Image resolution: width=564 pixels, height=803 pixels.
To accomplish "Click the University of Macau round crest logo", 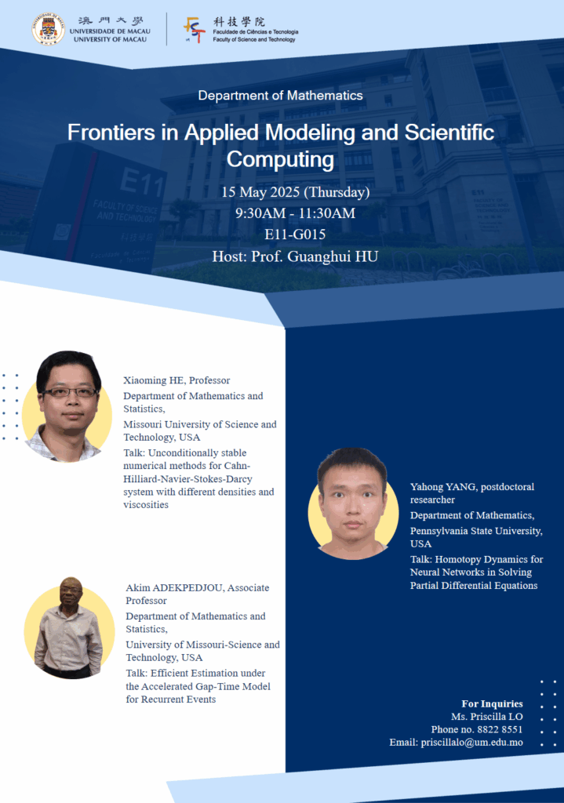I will [49, 28].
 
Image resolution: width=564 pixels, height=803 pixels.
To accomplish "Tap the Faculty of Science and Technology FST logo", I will [194, 29].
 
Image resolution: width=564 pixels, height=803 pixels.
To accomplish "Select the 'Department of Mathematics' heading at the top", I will [280, 96].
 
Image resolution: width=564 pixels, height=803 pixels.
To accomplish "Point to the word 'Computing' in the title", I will [280, 159].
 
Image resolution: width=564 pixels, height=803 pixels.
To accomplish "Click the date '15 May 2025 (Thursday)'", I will [295, 192].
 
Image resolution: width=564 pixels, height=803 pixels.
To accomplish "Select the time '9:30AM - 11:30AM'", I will [295, 213].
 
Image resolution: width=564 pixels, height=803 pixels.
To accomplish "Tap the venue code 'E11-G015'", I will [295, 234].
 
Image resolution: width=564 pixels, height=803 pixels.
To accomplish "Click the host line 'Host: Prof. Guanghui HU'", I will [295, 256].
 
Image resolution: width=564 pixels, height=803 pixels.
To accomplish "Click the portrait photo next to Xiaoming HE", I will [68, 406].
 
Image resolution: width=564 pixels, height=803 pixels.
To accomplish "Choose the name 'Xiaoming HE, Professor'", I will [176, 380].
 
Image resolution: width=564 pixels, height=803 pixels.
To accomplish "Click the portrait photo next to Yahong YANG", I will [352, 503].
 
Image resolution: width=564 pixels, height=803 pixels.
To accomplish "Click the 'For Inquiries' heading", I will [492, 703].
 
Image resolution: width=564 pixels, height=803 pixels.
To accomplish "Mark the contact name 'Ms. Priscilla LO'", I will [486, 717].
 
